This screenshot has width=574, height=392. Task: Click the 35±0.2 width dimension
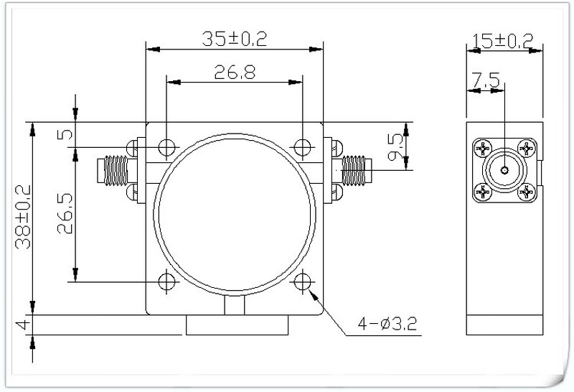(234, 39)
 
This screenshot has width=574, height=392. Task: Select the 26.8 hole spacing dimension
(234, 72)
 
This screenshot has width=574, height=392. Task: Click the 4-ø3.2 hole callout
(387, 326)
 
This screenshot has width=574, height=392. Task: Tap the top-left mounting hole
(166, 147)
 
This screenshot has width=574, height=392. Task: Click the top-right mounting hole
(302, 147)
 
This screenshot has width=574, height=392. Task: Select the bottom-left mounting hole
(166, 281)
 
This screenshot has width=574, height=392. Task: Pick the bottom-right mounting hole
(302, 281)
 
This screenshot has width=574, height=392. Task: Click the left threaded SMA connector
(113, 169)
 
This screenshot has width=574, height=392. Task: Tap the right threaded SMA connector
(355, 169)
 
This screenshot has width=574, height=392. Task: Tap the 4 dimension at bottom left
(23, 325)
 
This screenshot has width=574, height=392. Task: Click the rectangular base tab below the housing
(237, 325)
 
